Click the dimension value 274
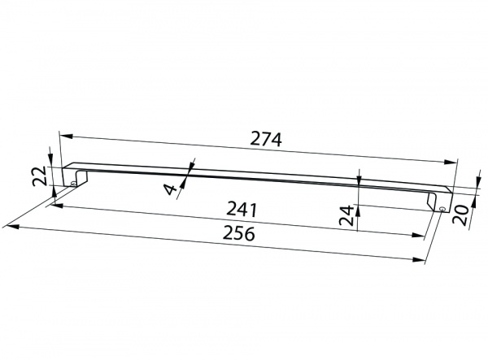pyautogui.click(x=266, y=139)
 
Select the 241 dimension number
pyautogui.click(x=243, y=210)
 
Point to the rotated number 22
pyautogui.click(x=39, y=176)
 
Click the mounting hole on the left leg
pyautogui.click(x=74, y=184)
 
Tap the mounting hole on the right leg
pyautogui.click(x=442, y=210)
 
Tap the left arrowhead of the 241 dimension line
pyautogui.click(x=56, y=203)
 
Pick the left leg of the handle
pyautogui.click(x=78, y=174)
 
